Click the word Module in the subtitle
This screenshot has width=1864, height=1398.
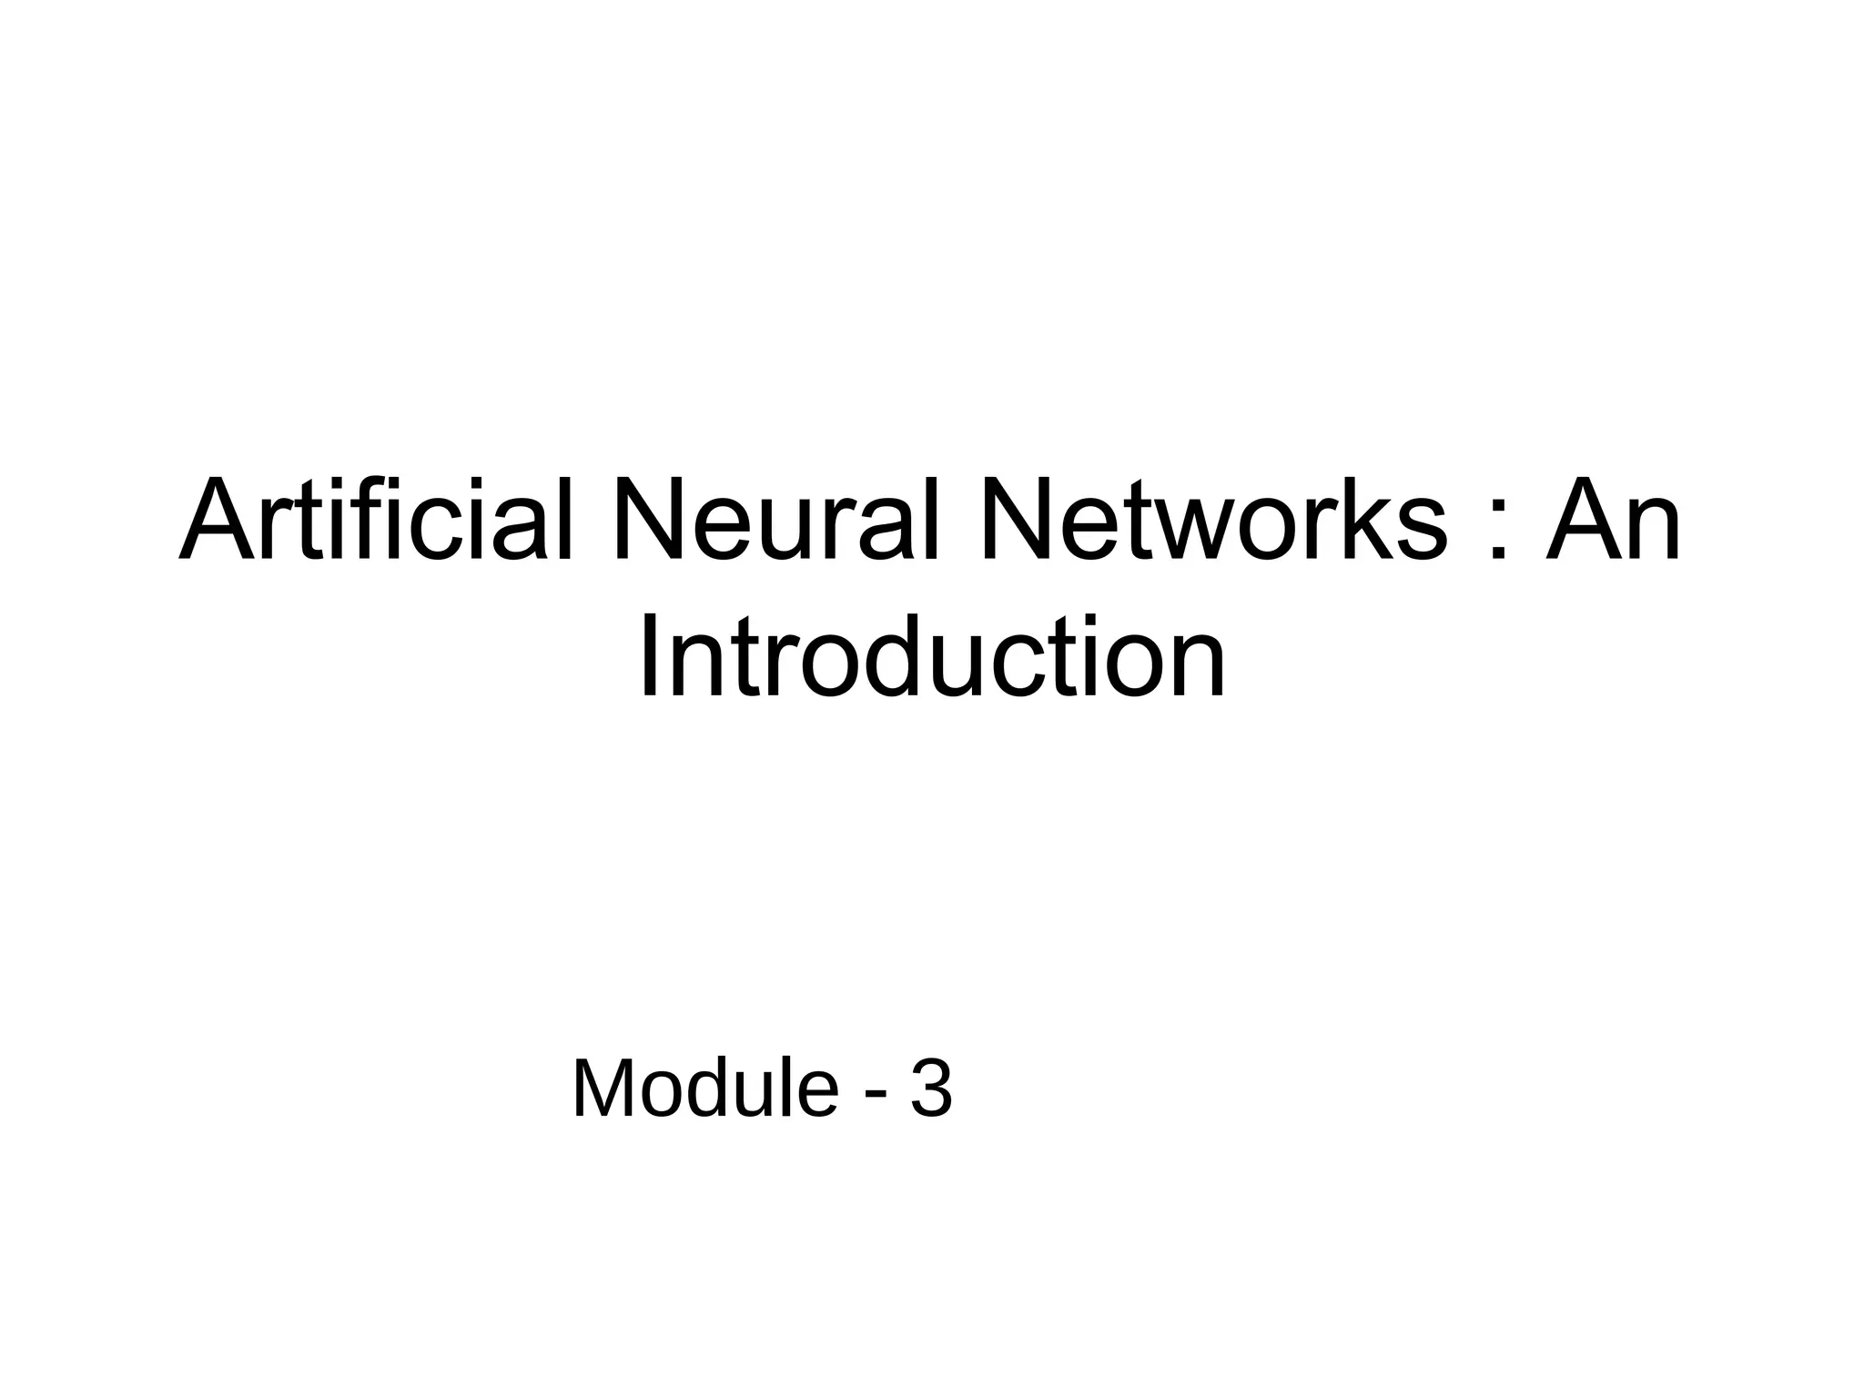click(x=704, y=1089)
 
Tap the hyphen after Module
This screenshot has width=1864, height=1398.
click(x=876, y=1093)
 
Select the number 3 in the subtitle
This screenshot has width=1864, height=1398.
click(x=931, y=1089)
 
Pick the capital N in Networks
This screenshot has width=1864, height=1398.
click(x=1023, y=521)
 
